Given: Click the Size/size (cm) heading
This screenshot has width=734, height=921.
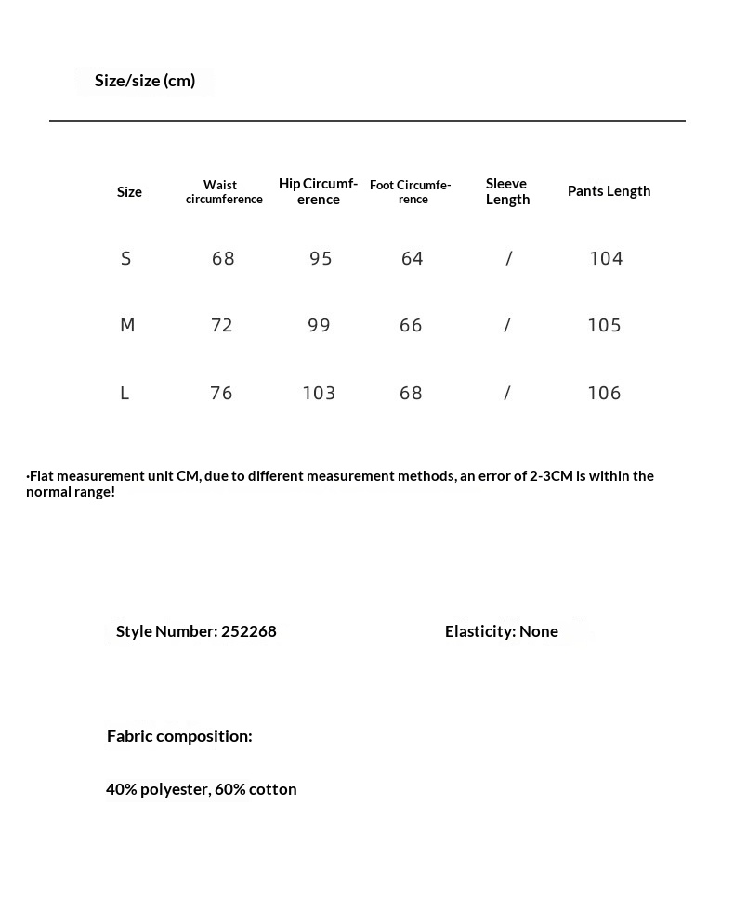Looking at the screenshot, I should click(x=145, y=81).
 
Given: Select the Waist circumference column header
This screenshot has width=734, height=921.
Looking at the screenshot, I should click(x=224, y=192).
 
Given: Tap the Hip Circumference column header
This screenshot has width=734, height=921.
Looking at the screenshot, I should click(x=318, y=191).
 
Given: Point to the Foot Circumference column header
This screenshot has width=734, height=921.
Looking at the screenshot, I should click(x=411, y=192).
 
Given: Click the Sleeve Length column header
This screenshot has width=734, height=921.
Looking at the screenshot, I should click(x=507, y=191).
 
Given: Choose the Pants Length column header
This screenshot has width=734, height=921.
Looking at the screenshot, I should click(x=609, y=191).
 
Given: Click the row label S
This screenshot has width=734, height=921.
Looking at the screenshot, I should click(x=126, y=259).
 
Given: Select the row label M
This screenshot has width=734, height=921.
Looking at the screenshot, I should click(x=127, y=326).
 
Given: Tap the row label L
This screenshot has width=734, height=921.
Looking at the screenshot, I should click(x=125, y=394).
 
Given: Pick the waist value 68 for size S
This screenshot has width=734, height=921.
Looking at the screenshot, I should click(x=223, y=259).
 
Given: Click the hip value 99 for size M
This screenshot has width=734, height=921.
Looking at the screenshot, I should click(x=319, y=326).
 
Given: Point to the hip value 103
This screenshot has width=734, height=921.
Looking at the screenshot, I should click(x=319, y=394).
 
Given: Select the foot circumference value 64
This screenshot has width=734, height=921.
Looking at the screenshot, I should click(x=412, y=259).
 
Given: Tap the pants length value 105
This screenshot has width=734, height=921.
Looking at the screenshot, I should click(x=604, y=326).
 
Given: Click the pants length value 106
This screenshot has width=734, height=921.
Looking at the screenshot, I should click(x=604, y=394).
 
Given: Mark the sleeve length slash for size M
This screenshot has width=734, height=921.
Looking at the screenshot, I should click(x=507, y=326).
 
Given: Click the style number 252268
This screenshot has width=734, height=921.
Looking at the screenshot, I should click(x=248, y=631).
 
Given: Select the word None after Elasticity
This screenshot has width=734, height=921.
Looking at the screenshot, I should click(x=538, y=631).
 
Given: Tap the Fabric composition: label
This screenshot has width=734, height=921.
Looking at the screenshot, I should click(x=179, y=736).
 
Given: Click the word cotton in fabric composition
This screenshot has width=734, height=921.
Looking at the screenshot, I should click(x=272, y=789).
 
